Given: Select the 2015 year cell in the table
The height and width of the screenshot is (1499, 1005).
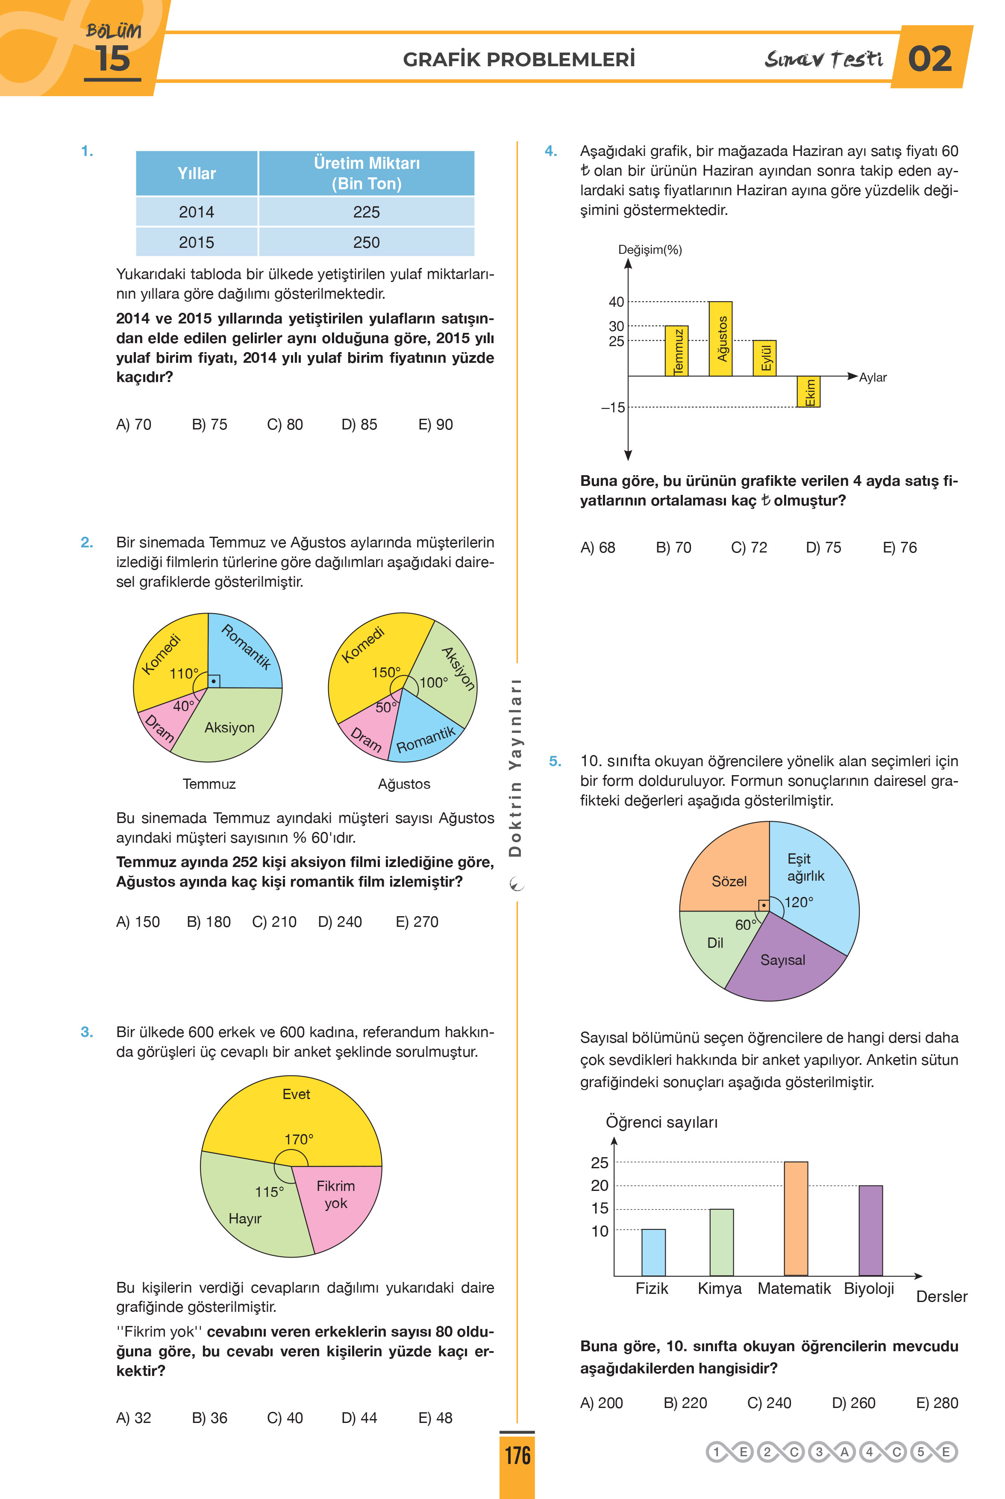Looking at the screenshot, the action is click(197, 242).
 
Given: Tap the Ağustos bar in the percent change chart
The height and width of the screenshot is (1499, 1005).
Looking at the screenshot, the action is click(720, 338).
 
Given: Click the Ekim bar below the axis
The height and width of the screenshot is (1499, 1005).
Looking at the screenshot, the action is click(808, 391).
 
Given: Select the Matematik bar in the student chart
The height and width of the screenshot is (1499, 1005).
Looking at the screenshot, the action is click(796, 1218).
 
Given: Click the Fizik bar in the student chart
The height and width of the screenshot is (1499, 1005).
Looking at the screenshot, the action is click(653, 1252).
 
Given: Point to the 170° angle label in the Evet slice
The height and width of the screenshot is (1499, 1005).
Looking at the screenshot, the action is click(299, 1139).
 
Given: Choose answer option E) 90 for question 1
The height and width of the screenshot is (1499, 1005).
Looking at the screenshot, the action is click(435, 424).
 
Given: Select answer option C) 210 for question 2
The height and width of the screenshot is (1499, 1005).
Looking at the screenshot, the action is click(274, 922).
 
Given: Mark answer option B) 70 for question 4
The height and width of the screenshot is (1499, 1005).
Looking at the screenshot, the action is click(673, 547).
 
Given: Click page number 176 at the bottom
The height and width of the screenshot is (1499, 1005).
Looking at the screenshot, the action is click(517, 1455).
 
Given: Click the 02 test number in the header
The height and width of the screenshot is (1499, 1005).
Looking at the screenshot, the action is click(930, 59).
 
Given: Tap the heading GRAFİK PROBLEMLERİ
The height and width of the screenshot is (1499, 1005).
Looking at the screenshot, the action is click(519, 59).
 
